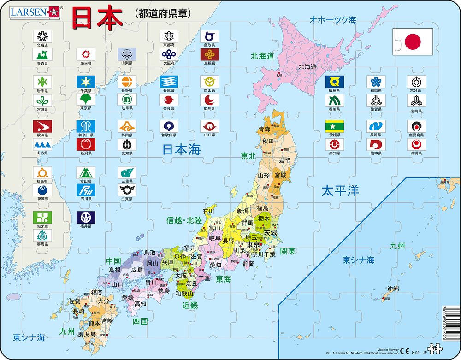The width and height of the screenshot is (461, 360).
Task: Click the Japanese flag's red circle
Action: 413,42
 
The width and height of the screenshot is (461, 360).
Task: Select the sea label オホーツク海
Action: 333,20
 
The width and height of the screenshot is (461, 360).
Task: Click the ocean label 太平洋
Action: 340,191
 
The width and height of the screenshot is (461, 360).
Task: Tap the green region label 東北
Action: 248,156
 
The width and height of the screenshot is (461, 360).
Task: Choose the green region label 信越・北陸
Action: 184,220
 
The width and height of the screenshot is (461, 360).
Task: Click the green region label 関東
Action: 288,251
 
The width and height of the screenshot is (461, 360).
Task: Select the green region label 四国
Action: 140,321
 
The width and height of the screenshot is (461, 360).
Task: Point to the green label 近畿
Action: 189,305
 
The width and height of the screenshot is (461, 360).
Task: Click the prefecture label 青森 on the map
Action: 264,130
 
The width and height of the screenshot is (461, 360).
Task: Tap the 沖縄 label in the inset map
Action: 392,289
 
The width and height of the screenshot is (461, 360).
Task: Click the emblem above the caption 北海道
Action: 42,36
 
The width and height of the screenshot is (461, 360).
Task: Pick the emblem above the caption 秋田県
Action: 42,126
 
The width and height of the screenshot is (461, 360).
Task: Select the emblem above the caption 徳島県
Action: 334,82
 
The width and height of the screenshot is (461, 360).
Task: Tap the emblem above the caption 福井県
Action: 85,217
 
